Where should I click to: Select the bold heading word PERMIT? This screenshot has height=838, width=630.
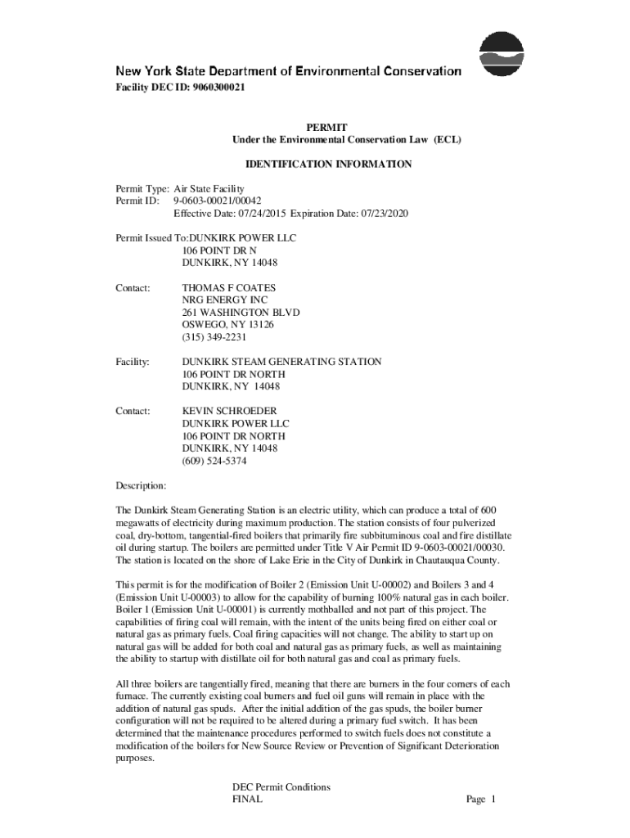[326, 128]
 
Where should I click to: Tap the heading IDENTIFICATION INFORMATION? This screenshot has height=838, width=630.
[327, 164]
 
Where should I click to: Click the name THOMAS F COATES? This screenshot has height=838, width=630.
[228, 288]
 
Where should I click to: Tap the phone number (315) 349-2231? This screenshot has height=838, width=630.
[214, 337]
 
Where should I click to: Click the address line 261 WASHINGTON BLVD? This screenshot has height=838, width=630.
[241, 313]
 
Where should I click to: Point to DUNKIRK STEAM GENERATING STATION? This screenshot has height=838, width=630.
[281, 362]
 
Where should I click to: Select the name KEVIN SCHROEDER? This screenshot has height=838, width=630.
[229, 411]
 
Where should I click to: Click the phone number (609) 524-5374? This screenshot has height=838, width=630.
[214, 461]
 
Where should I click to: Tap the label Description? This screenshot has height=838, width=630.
[141, 485]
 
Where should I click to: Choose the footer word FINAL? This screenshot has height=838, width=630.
[247, 800]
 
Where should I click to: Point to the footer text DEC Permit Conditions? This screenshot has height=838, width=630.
[281, 787]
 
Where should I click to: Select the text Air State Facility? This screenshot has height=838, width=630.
[214, 188]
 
